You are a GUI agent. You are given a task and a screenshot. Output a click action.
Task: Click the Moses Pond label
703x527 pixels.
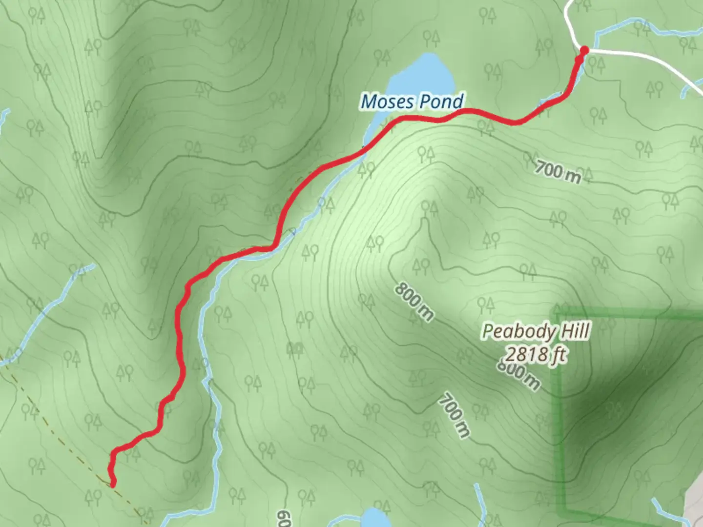[412, 101]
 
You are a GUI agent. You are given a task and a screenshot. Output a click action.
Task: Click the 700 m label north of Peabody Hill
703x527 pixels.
[558, 172]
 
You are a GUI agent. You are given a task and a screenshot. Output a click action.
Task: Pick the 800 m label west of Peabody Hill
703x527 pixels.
[414, 302]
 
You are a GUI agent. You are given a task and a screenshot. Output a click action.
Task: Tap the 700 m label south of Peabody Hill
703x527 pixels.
[455, 415]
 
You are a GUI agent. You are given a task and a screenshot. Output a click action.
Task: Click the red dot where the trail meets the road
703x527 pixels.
[584, 50]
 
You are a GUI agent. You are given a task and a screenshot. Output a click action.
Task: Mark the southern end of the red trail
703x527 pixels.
[113, 484]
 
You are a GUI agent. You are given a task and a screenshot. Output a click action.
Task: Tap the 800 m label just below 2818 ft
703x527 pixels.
[519, 374]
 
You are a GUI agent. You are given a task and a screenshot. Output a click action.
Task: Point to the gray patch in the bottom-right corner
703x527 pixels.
[695, 507]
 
